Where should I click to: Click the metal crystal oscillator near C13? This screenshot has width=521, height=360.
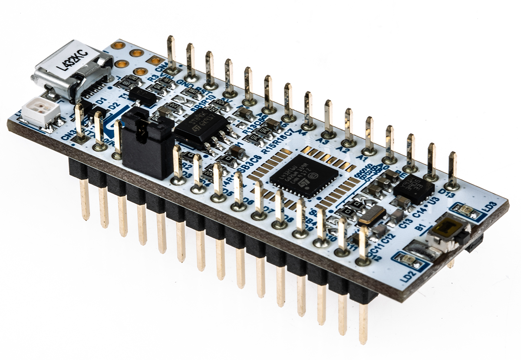371,215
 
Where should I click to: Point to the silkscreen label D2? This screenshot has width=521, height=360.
114,106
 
